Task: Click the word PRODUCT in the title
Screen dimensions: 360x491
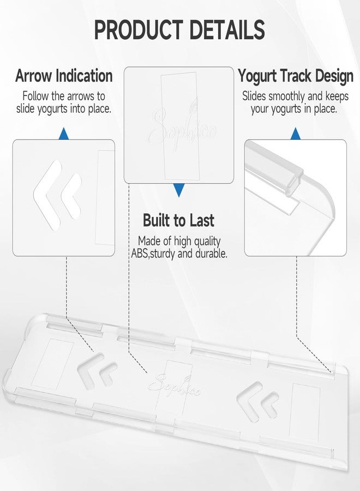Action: click(x=139, y=29)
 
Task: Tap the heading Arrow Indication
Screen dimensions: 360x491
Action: click(x=64, y=76)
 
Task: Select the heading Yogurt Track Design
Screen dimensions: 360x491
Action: click(x=296, y=76)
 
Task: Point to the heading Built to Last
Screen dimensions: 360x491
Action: click(x=178, y=220)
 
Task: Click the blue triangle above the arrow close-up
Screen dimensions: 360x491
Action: click(x=64, y=134)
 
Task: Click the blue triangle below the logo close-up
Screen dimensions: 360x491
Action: click(x=179, y=190)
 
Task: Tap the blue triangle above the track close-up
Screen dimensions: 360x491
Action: click(x=296, y=134)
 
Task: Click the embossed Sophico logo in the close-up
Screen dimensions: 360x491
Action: click(x=184, y=125)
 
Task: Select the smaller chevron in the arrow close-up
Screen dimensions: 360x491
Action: click(x=72, y=196)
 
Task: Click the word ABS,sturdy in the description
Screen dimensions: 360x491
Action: click(x=153, y=253)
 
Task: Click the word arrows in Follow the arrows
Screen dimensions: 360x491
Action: click(x=81, y=96)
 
